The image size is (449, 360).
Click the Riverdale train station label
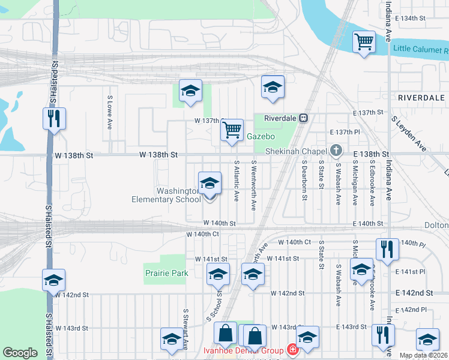point(281,118)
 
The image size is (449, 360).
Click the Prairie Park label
point(166,273)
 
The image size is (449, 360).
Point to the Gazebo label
point(261,136)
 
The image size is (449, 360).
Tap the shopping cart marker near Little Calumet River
point(364,43)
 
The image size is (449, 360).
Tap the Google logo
point(20,353)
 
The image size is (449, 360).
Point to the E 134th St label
point(408,19)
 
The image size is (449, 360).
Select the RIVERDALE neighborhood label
point(421,97)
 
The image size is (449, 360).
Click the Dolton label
point(437,224)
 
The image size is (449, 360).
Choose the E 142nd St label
point(414,292)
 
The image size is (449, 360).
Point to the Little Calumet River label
point(420,49)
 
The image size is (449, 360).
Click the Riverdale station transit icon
point(304,118)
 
